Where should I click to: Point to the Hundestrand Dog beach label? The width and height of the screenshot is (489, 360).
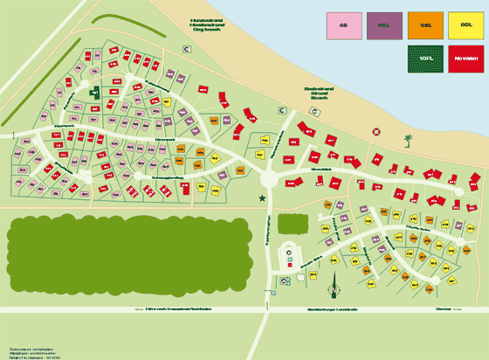(207, 25)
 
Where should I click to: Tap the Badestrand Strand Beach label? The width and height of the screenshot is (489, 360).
(313, 92)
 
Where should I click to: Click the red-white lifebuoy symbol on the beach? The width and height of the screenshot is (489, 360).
(376, 131)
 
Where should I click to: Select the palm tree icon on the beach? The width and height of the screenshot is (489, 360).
(407, 140)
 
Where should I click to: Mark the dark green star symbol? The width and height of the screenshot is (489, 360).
(261, 200)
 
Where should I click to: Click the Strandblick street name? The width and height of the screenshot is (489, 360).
(321, 170)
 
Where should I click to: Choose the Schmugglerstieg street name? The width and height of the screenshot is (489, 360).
(168, 177)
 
